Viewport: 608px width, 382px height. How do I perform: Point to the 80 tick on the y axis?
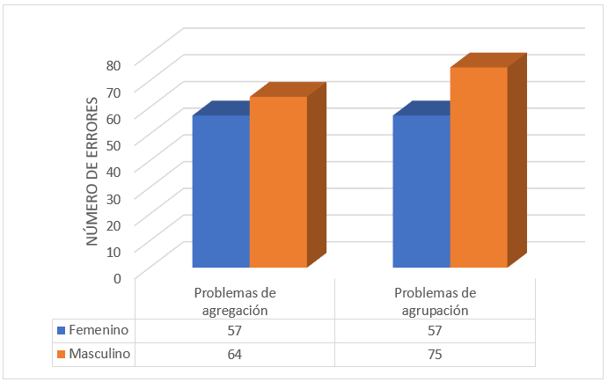[114, 64]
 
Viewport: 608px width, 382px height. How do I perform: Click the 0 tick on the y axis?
[118, 278]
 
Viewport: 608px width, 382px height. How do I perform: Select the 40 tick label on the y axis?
[114, 172]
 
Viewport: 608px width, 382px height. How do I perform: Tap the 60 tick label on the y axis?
[114, 118]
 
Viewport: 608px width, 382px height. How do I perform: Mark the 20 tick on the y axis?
[114, 224]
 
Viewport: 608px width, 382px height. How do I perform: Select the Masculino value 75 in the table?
[435, 354]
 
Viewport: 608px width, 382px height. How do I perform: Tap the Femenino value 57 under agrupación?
[435, 330]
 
